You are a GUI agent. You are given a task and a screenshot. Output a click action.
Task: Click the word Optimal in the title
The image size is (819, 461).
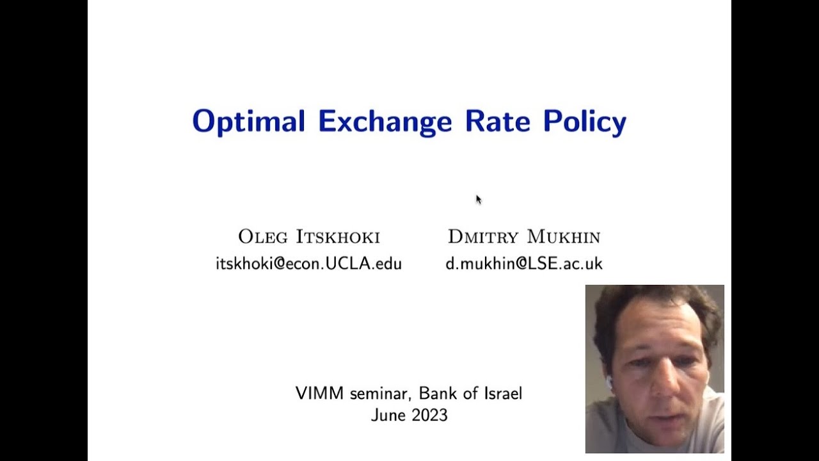point(248,122)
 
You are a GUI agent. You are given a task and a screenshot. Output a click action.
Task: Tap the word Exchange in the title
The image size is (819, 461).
point(385,122)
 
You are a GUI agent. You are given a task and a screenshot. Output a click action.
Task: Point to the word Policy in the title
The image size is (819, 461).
point(585,122)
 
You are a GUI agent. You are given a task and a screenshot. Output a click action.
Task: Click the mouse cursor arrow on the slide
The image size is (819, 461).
point(478,199)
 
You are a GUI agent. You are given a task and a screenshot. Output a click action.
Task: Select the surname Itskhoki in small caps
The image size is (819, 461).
point(337,237)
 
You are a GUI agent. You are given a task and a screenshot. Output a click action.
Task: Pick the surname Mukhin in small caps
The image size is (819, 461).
point(563,237)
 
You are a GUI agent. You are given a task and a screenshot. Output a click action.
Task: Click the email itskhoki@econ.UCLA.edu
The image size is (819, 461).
point(308,263)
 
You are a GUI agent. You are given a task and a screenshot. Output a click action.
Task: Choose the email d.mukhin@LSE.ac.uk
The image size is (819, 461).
point(523,263)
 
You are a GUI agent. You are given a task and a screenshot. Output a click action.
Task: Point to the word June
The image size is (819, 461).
point(387,415)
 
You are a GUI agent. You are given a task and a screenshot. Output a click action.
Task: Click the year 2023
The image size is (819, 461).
point(429,415)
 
